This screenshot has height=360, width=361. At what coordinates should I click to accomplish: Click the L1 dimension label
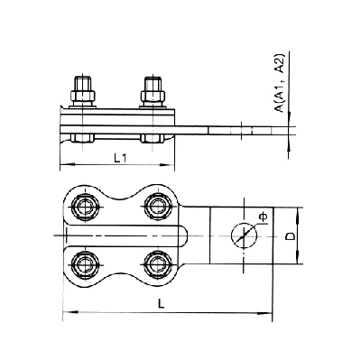click(120, 158)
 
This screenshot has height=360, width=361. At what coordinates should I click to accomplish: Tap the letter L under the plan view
click(162, 304)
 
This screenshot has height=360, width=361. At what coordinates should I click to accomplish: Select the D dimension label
click(290, 236)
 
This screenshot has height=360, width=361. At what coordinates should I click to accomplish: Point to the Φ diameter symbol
click(263, 217)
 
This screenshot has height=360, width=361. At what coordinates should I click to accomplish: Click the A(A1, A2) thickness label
click(280, 83)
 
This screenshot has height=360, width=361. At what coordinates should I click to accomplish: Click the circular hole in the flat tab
click(244, 235)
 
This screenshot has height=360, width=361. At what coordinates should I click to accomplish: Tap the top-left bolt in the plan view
click(85, 207)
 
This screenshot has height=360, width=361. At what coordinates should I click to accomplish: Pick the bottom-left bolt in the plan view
click(85, 263)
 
